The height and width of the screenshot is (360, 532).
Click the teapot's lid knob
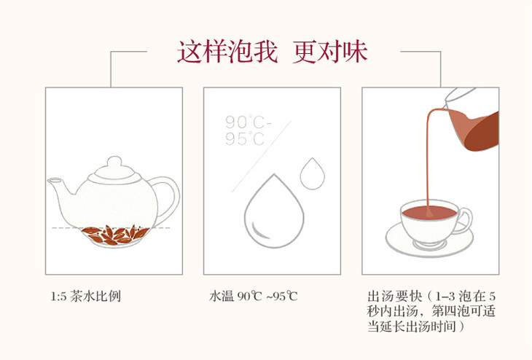(114, 163)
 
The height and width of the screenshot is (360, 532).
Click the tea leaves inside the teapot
(115, 235)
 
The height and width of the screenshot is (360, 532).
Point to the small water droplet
(312, 174)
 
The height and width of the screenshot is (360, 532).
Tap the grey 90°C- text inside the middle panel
(249, 122)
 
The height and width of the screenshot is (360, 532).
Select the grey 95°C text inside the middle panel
(245, 138)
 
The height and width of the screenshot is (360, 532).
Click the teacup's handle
(465, 221)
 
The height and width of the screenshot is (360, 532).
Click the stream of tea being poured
(429, 160)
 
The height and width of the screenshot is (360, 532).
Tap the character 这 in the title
(189, 52)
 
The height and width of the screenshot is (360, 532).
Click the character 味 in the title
(355, 52)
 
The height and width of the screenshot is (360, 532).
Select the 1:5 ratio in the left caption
(59, 297)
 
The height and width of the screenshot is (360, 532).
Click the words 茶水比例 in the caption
(95, 297)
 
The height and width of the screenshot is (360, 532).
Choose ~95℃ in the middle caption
(282, 297)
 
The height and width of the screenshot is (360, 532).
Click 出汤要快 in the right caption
(394, 296)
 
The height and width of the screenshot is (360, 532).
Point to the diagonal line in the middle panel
(262, 157)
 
